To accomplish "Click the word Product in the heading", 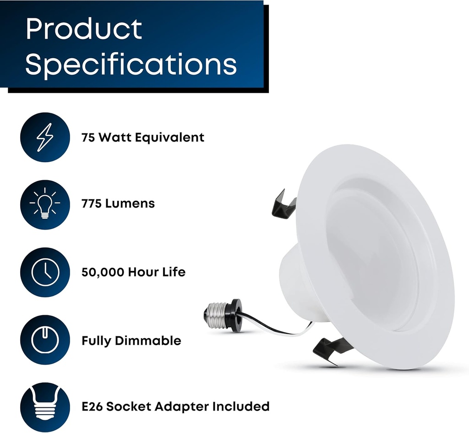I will (84, 29).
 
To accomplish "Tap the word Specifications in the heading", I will (131, 64).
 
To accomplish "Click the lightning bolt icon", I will (44, 137).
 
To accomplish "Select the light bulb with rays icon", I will (44, 204).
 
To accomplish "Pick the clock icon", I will (44, 272).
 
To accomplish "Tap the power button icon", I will (44, 340).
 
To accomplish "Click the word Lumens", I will (130, 203).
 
